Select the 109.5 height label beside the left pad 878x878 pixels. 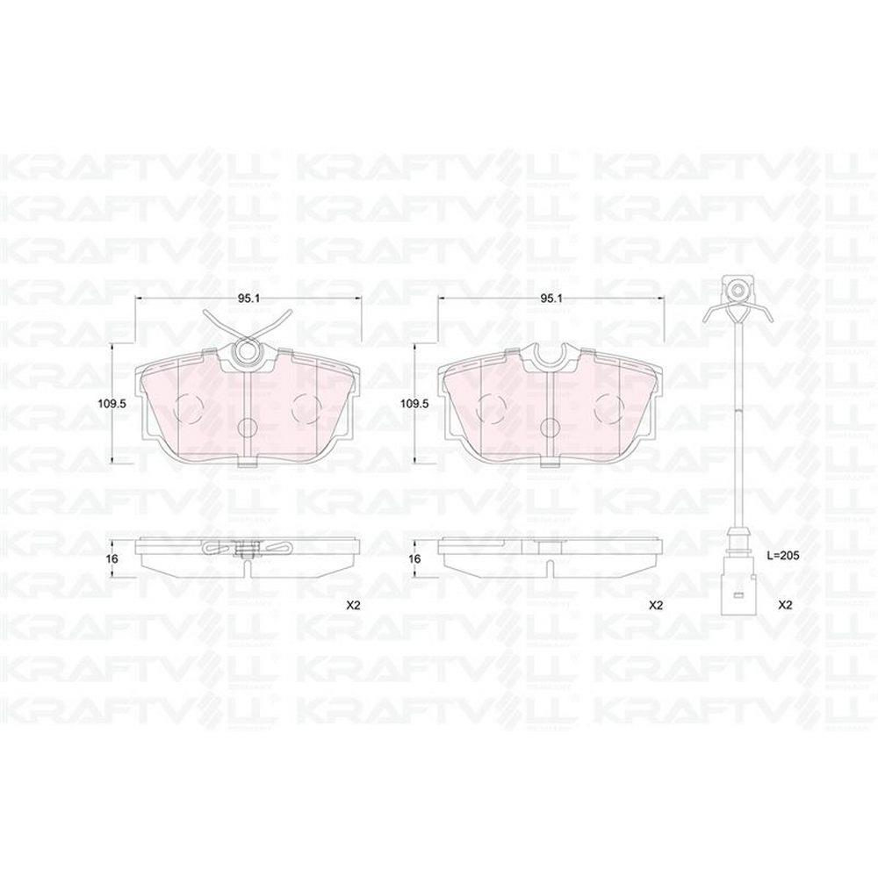click(x=111, y=403)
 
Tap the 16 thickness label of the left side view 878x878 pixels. click(x=112, y=558)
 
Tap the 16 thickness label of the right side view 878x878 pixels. click(x=415, y=558)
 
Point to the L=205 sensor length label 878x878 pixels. click(x=782, y=556)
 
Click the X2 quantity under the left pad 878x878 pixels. click(x=353, y=605)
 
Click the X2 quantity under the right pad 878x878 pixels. click(x=655, y=605)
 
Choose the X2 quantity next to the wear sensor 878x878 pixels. click(x=786, y=605)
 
